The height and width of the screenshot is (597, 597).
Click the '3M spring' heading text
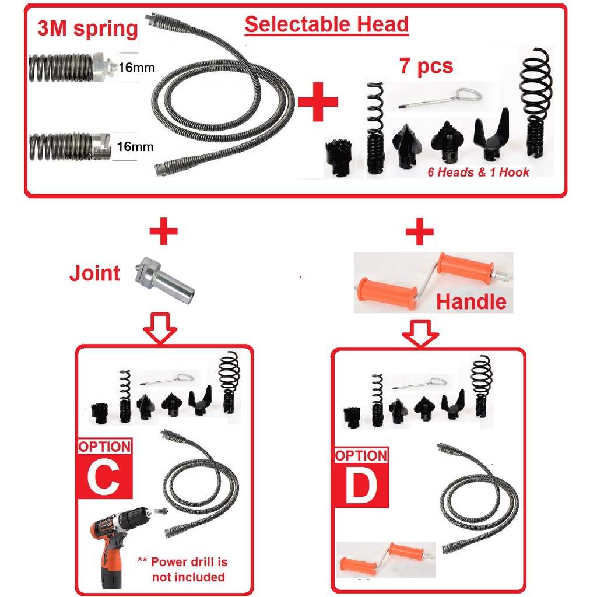point(87,29)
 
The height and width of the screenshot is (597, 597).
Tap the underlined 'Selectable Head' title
point(326,24)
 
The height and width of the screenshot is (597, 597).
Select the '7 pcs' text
point(426,66)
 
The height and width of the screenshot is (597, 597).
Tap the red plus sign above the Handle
point(419,234)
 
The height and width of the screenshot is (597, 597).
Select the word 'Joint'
point(95,273)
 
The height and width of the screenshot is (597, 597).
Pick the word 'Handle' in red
point(471,301)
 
